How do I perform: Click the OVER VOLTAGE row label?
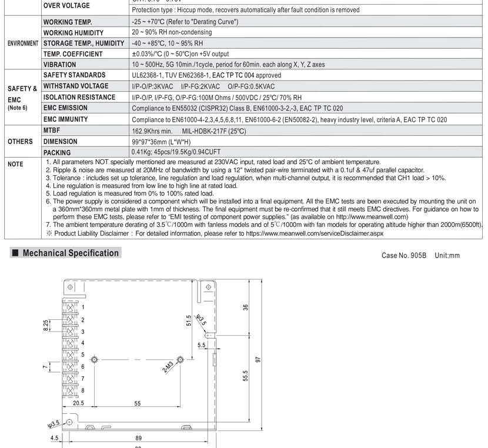(66, 6)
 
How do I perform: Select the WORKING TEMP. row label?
(68, 22)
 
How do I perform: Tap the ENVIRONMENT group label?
(23, 44)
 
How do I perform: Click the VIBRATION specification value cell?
(228, 65)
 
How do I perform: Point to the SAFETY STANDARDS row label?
(75, 75)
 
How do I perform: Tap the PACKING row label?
(57, 152)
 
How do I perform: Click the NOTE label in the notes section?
(15, 164)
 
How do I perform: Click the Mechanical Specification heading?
(71, 253)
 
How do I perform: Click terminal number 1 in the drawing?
(83, 307)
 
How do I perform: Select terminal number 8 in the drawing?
(83, 390)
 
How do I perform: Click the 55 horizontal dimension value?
(138, 404)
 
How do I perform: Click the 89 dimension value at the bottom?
(139, 438)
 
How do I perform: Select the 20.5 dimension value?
(78, 404)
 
